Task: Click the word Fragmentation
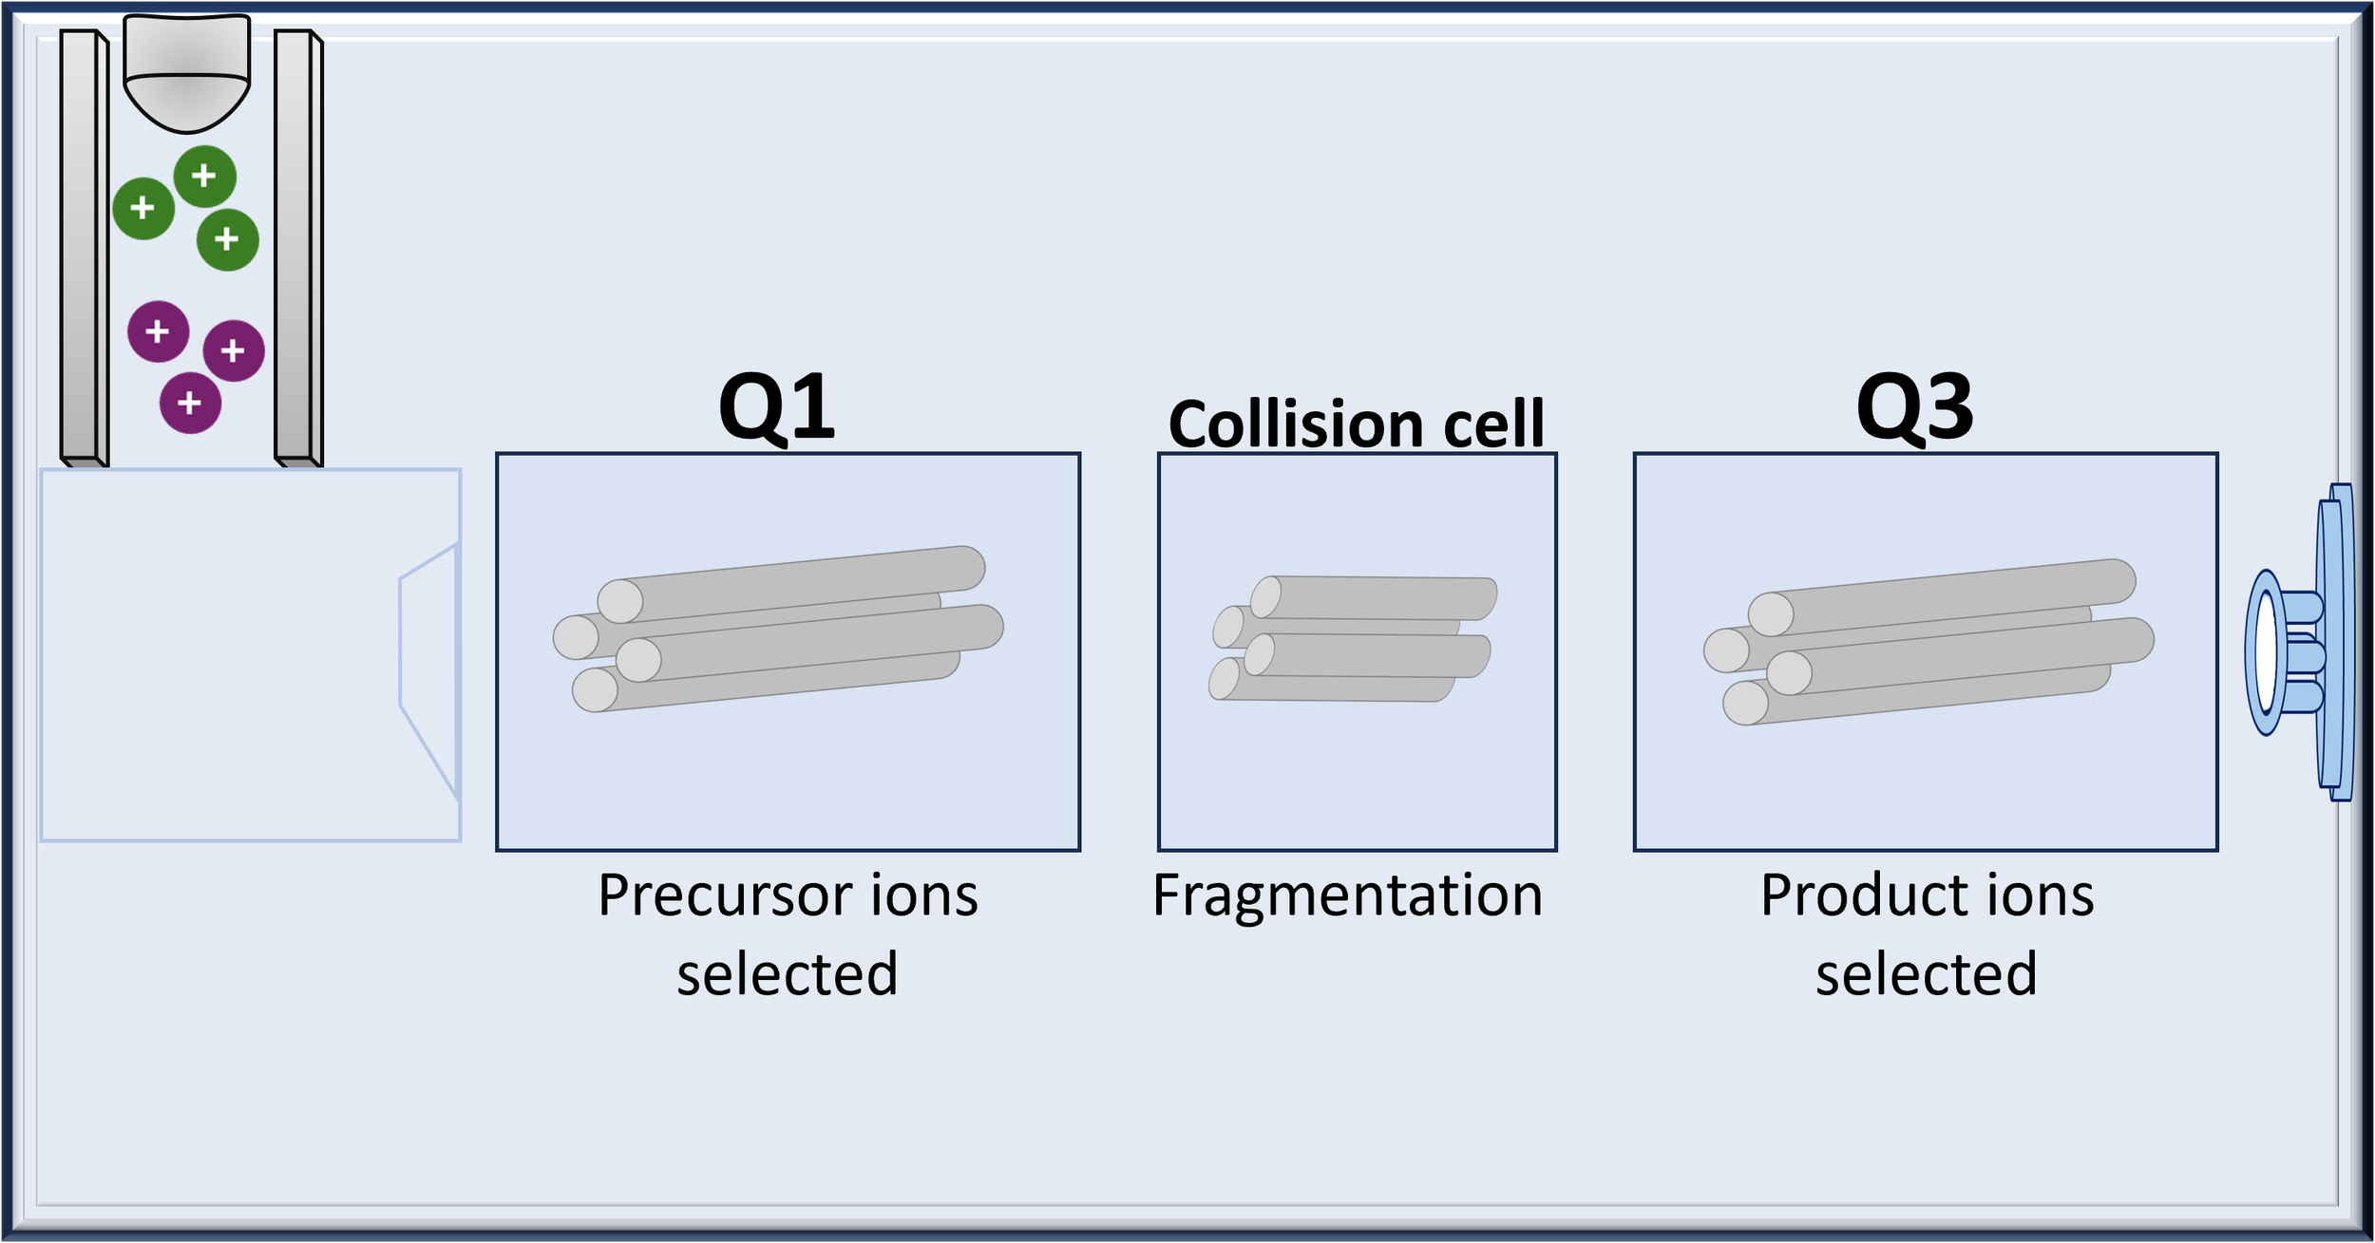[x=1347, y=895]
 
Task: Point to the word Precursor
[x=719, y=895]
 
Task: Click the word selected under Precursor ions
[x=787, y=974]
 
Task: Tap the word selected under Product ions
[x=1926, y=974]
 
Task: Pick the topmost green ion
[x=204, y=177]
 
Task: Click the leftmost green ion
[x=143, y=208]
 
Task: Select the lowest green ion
[x=227, y=239]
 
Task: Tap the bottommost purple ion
[x=190, y=404]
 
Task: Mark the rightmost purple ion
[x=234, y=351]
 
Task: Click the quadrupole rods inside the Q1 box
[x=779, y=629]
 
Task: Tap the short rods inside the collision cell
[x=1352, y=638]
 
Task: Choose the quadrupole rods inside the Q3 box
[x=1928, y=642]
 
